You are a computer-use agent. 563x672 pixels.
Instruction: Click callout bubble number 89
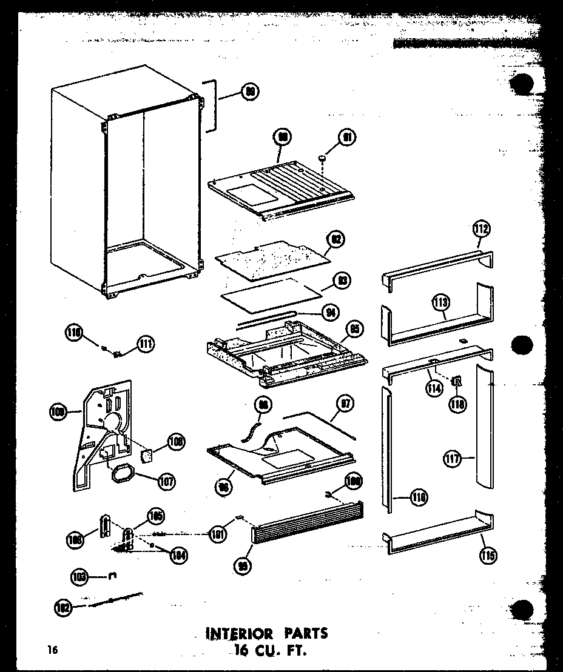click(249, 92)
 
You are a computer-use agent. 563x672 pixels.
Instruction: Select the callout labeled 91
click(348, 138)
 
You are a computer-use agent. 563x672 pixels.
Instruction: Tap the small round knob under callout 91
click(322, 159)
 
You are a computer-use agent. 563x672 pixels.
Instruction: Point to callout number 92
click(334, 240)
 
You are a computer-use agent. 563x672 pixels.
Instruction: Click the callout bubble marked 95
click(354, 329)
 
